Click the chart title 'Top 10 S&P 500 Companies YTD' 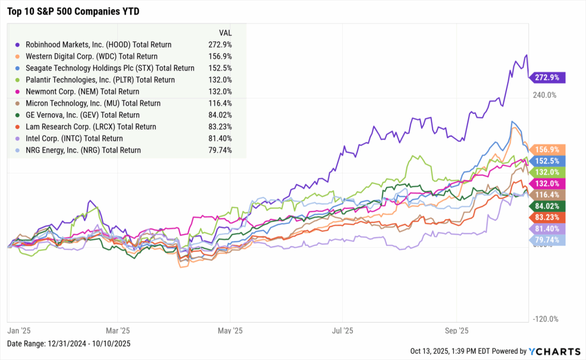[x=73, y=11]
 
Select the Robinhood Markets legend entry [x=98, y=44]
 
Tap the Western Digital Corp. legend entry [x=92, y=56]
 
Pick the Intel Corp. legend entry [x=74, y=139]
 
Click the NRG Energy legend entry [x=83, y=151]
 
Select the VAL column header [x=225, y=32]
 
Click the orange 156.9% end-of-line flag [x=548, y=149]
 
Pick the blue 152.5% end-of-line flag [x=548, y=161]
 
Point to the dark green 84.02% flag [x=548, y=205]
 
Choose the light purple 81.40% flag [x=548, y=228]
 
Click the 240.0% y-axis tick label [x=545, y=95]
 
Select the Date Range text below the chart [x=69, y=343]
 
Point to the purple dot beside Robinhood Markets [x=18, y=44]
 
